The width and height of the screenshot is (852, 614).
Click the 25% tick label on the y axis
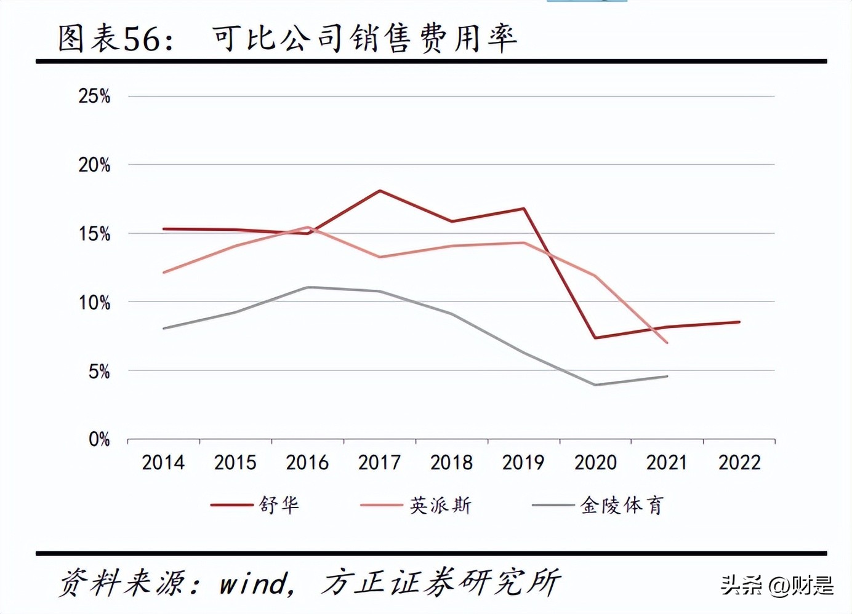(x=94, y=96)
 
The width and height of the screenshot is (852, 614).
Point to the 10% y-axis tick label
(x=94, y=303)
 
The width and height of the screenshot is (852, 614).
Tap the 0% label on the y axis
(x=99, y=439)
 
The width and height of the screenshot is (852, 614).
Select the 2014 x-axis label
(x=163, y=463)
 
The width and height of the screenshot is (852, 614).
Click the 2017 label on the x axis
(x=379, y=463)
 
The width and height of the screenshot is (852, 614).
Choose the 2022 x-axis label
(x=739, y=463)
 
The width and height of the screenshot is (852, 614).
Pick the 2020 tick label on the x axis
(x=595, y=463)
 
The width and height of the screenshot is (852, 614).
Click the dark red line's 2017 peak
(x=380, y=191)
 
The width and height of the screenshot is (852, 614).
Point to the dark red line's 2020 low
(x=595, y=338)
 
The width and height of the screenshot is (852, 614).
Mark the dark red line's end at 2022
(x=739, y=322)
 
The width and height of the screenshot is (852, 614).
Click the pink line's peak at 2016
(x=308, y=227)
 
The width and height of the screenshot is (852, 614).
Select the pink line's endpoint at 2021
(x=667, y=343)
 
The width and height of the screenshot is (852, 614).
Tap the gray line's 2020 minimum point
(x=595, y=385)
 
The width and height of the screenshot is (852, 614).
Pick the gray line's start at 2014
(x=164, y=329)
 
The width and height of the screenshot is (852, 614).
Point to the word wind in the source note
(x=253, y=583)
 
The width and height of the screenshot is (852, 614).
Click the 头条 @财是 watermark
(x=777, y=584)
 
